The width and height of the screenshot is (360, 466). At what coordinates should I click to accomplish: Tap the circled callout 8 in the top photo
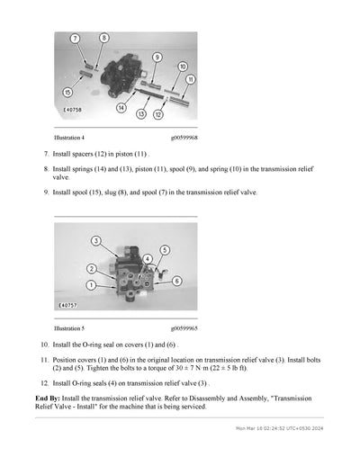pyautogui.click(x=103, y=38)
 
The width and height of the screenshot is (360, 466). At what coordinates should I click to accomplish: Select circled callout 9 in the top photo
pyautogui.click(x=157, y=57)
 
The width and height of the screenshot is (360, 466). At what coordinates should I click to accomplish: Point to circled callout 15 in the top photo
pyautogui.click(x=67, y=93)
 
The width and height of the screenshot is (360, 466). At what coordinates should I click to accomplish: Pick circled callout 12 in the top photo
pyautogui.click(x=159, y=114)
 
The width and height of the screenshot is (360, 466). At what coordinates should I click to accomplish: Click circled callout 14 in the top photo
pyautogui.click(x=121, y=108)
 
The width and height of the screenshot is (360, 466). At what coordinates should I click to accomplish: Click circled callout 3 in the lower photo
pyautogui.click(x=95, y=241)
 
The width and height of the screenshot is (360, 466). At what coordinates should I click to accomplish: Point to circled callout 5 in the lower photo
pyautogui.click(x=164, y=249)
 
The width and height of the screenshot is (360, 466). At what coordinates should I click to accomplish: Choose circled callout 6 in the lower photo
pyautogui.click(x=176, y=281)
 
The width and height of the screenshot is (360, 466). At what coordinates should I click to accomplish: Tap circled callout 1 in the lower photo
pyautogui.click(x=90, y=284)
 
